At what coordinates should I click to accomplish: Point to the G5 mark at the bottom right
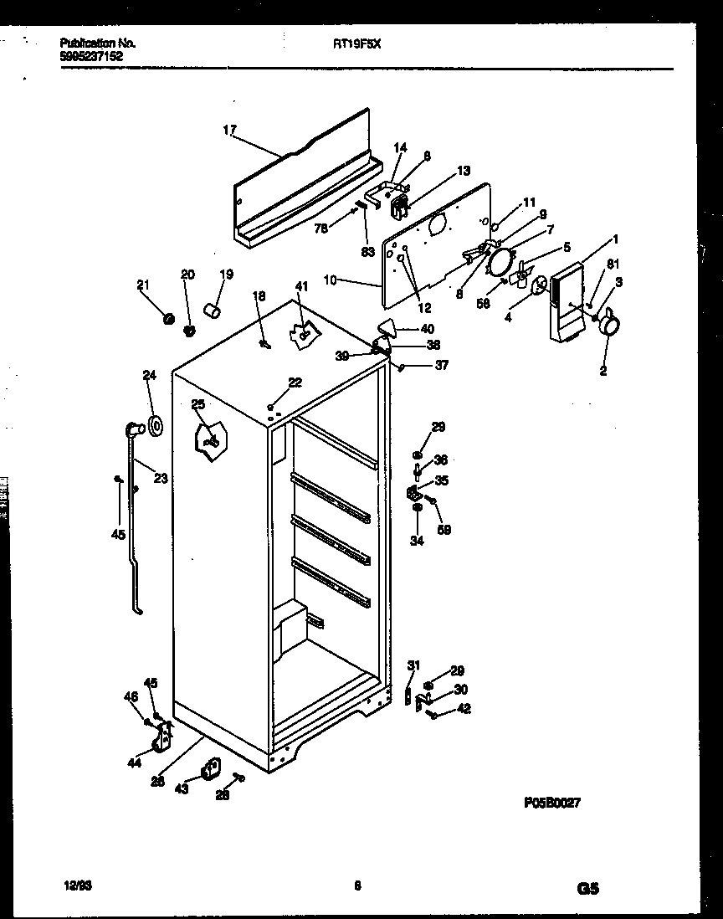(587, 890)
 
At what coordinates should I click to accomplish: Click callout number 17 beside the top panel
(229, 130)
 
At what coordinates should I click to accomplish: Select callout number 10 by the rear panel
(330, 280)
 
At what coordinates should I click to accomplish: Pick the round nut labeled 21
(167, 318)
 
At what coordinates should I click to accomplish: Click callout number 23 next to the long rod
(161, 479)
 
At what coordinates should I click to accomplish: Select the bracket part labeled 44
(162, 737)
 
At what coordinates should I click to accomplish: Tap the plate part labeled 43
(209, 768)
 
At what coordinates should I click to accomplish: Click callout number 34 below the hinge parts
(417, 541)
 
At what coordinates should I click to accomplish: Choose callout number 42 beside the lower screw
(464, 710)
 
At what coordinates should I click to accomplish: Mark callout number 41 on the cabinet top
(301, 286)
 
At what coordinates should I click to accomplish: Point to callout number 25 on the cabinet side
(197, 405)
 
